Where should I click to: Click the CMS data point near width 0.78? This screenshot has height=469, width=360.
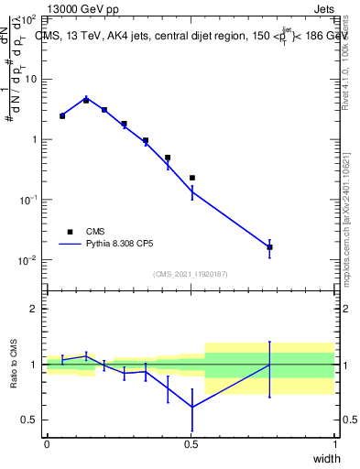point(269,247)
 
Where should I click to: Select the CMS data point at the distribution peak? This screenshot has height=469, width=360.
point(86,100)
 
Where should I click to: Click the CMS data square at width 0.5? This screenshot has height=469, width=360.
point(191,178)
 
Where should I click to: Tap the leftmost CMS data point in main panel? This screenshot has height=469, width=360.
point(62,116)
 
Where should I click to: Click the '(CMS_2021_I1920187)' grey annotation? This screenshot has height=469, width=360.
point(191,274)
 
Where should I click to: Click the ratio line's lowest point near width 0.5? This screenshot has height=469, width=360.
point(191,407)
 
